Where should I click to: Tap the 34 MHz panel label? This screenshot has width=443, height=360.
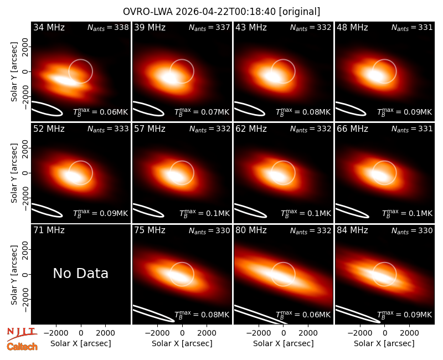point(49,27)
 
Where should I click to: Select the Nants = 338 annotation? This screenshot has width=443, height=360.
point(108,27)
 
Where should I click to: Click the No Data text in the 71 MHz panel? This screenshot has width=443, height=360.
point(80,273)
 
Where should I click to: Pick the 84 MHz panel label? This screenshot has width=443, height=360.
point(352,230)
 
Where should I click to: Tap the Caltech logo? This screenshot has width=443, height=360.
point(22,347)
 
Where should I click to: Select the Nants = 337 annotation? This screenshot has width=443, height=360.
point(209,27)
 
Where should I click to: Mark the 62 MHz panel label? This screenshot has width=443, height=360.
point(251,129)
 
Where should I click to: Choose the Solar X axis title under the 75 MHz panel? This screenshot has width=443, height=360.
point(182,343)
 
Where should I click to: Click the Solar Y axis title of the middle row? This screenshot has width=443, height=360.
point(14,173)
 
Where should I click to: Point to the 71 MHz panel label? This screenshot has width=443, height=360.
point(49,230)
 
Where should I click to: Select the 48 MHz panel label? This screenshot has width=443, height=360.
point(352,27)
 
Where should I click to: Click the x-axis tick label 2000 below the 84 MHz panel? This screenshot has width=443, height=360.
point(409,333)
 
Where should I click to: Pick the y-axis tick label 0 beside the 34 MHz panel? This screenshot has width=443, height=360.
point(25,71)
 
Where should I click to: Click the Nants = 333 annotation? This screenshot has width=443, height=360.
point(108,129)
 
